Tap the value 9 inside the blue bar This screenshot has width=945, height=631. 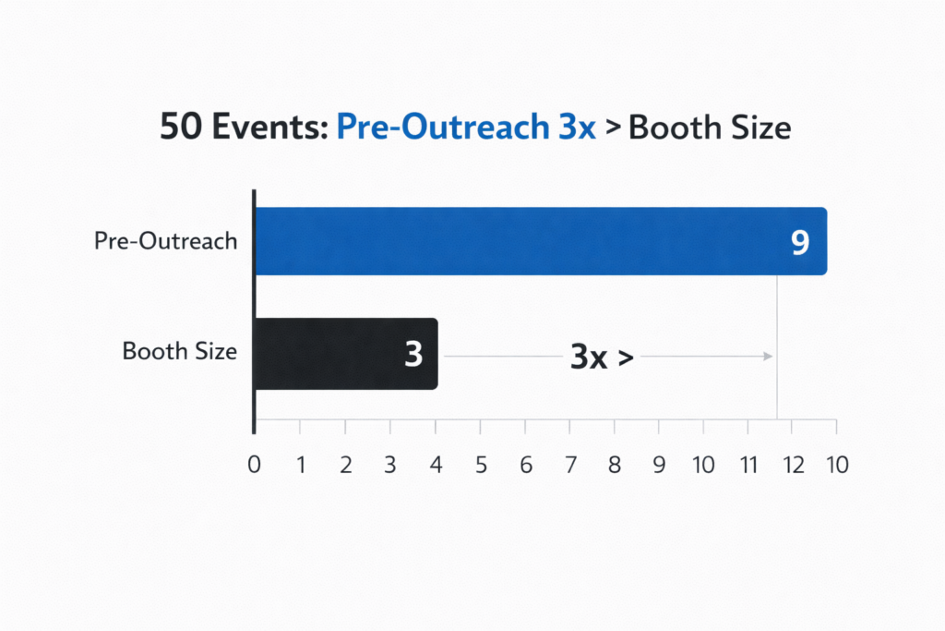pos(799,242)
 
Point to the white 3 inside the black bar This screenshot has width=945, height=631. pos(413,355)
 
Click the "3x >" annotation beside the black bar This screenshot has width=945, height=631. pos(601,356)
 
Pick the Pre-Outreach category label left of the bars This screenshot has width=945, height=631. pos(165,242)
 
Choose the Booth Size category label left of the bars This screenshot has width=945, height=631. pos(180,352)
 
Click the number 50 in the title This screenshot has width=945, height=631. pos(181,127)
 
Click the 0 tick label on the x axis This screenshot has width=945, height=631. pos(254,465)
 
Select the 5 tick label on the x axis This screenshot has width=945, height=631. pos(480,465)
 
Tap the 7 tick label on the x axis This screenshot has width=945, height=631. pos(569,465)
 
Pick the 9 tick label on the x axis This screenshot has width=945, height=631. pos(659,465)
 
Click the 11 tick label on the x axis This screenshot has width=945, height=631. pos(748,465)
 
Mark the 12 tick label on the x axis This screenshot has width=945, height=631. pos(794,465)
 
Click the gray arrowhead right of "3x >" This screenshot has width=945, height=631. pos(767,356)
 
